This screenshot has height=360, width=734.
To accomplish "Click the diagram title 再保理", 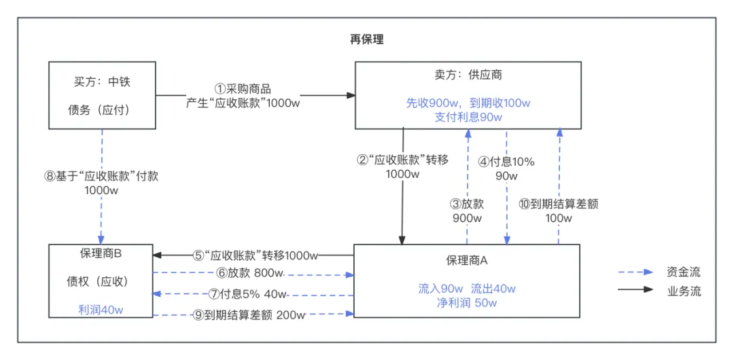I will [366, 39].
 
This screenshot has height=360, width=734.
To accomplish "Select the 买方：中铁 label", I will [102, 82].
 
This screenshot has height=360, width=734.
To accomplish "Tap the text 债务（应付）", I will [99, 109].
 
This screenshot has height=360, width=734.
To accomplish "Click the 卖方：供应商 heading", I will [468, 75].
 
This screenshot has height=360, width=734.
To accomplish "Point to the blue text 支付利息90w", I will [468, 117].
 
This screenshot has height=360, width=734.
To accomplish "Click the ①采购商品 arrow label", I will [243, 89].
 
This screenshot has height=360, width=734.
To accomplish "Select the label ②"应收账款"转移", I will [402, 160].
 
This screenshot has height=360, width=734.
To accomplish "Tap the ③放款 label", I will [467, 203].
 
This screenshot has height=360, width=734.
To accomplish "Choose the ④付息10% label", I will [506, 162].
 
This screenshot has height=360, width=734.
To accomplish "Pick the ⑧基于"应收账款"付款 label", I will [101, 175].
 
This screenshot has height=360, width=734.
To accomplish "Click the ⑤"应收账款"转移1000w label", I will [256, 255].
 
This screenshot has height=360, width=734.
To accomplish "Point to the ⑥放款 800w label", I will [249, 272].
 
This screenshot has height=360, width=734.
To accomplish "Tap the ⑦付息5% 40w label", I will [247, 294].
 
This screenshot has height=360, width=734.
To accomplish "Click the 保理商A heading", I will [467, 259].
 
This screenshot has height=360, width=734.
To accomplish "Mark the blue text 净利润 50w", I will [467, 303].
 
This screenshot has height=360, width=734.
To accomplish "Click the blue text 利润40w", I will [101, 310].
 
